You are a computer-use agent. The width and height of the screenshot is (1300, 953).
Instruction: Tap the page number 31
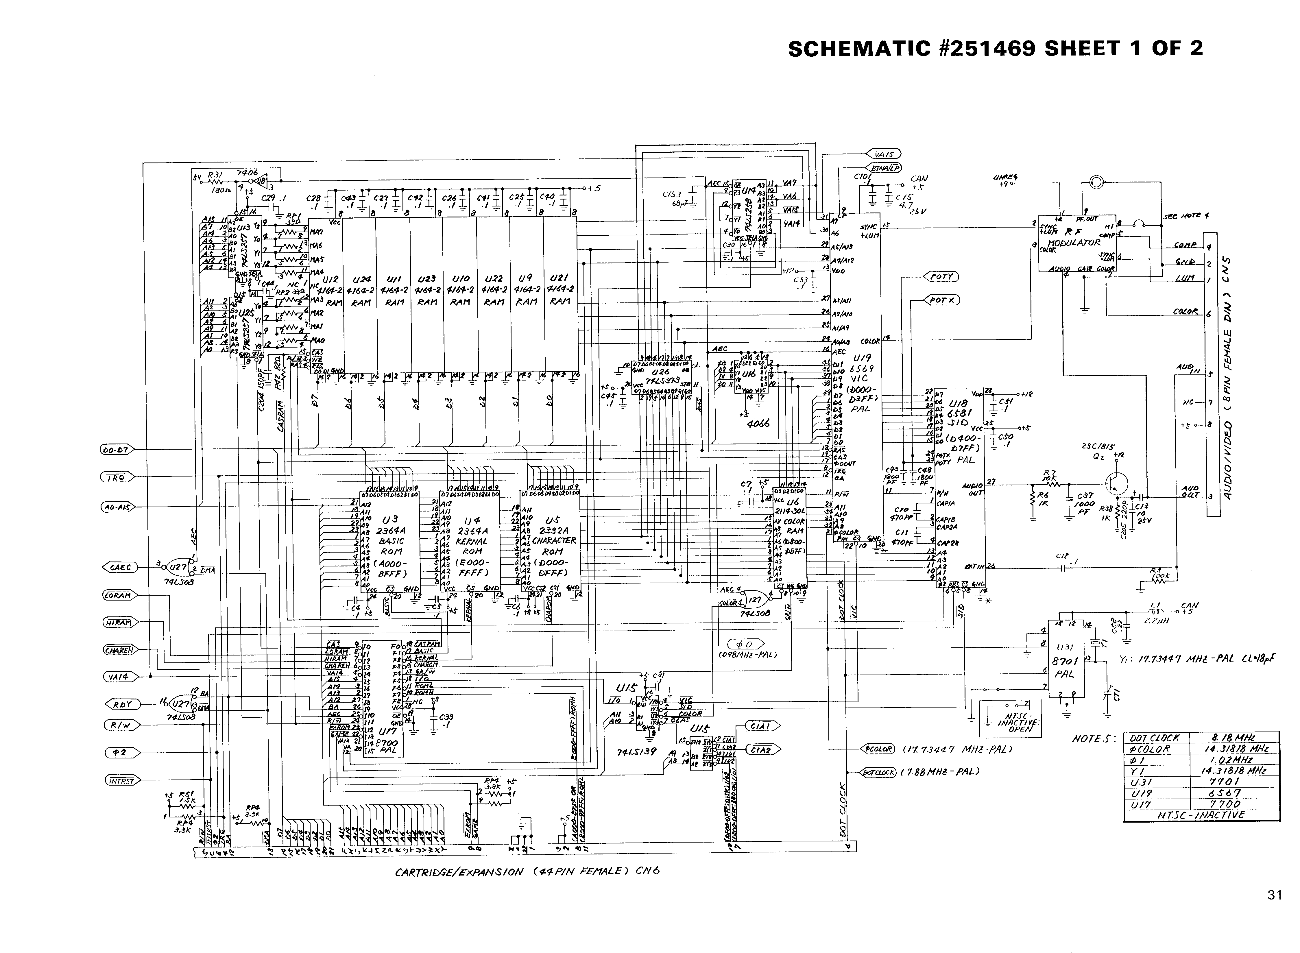[1275, 895]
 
